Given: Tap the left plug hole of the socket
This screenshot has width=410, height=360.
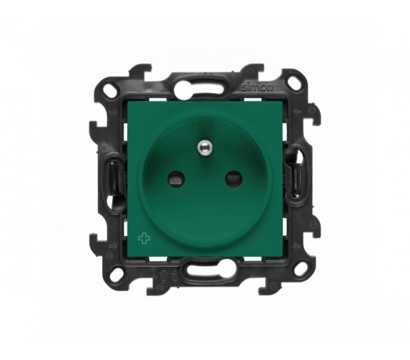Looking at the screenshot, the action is tap(176, 179).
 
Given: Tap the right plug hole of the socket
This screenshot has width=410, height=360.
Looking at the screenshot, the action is tap(234, 179).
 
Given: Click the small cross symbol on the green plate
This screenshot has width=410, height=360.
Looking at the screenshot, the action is tap(143, 239).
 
